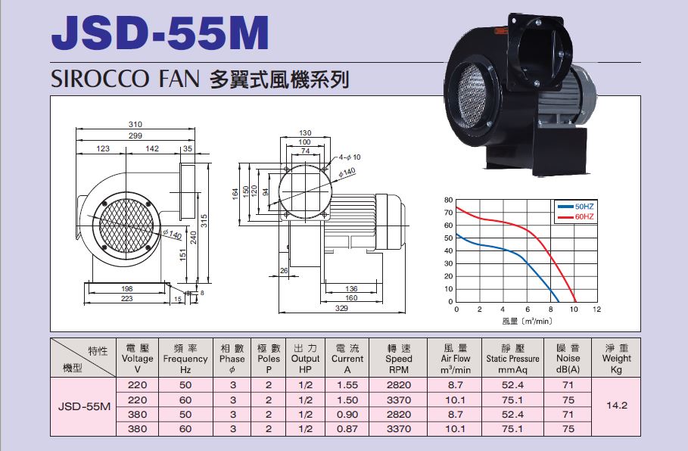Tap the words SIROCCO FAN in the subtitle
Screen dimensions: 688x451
125,79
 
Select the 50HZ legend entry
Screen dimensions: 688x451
576,206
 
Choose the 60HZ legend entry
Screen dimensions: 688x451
576,216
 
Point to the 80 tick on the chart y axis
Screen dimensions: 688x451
448,200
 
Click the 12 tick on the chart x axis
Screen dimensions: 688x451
596,309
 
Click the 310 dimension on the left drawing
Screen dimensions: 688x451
135,125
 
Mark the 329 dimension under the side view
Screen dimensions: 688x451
341,309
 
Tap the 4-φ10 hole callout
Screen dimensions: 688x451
350,157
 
